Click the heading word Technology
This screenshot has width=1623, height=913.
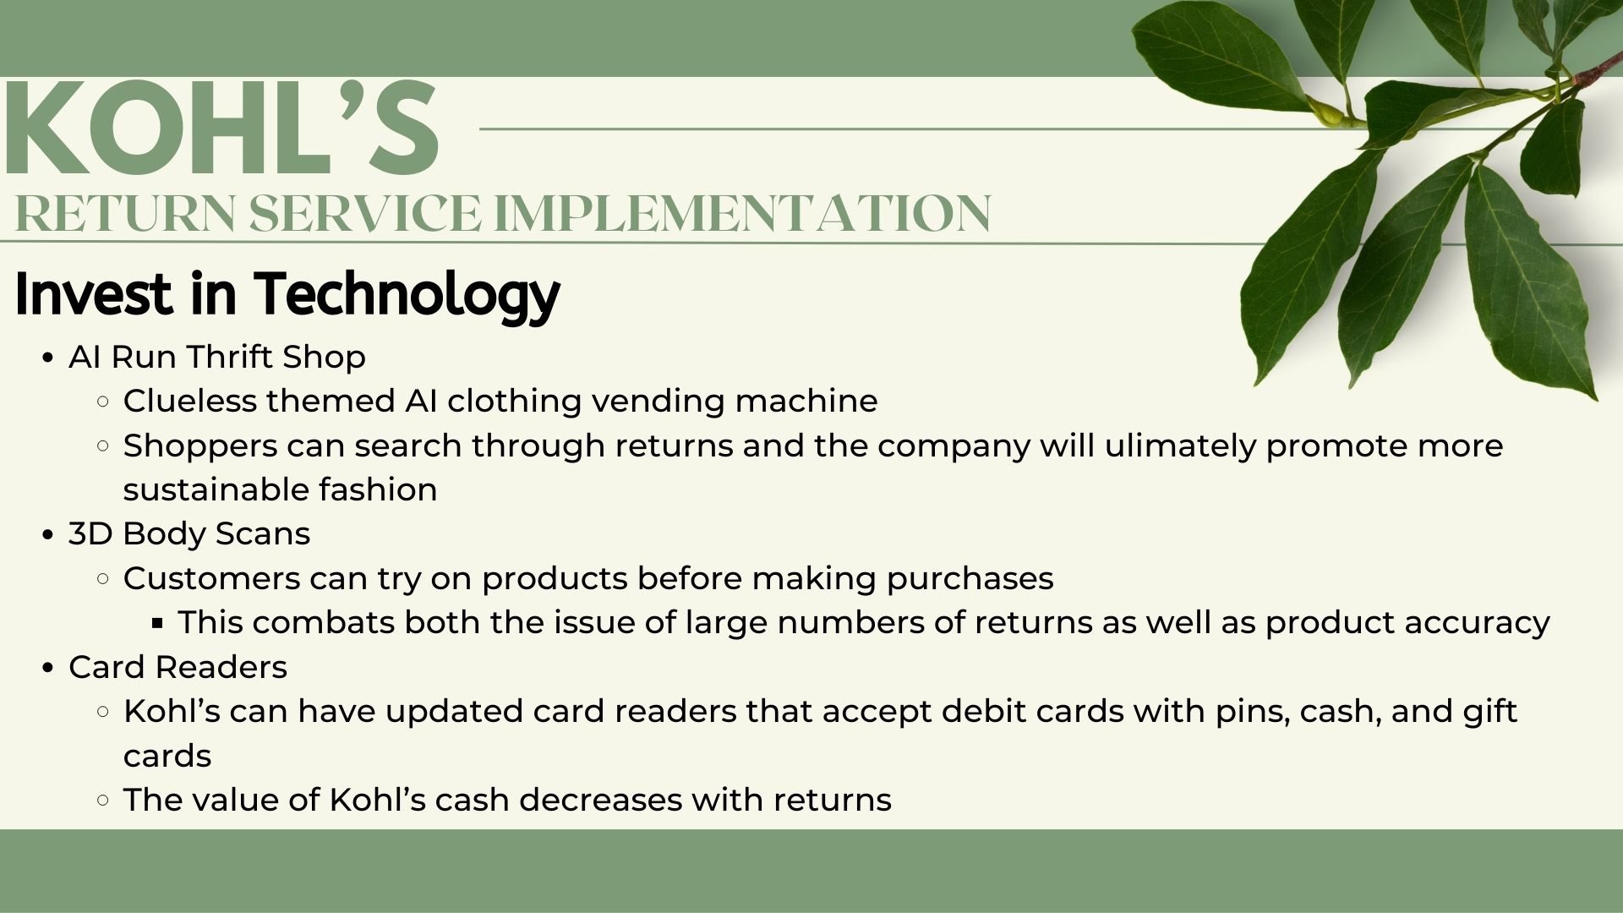coord(408,294)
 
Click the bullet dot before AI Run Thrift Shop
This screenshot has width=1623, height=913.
coord(48,358)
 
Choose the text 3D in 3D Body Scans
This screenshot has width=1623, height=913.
coord(90,534)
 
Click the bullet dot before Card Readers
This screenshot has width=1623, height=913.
coord(48,668)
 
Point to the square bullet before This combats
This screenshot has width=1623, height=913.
coord(157,624)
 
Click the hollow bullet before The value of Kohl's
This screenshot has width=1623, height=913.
coord(103,801)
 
